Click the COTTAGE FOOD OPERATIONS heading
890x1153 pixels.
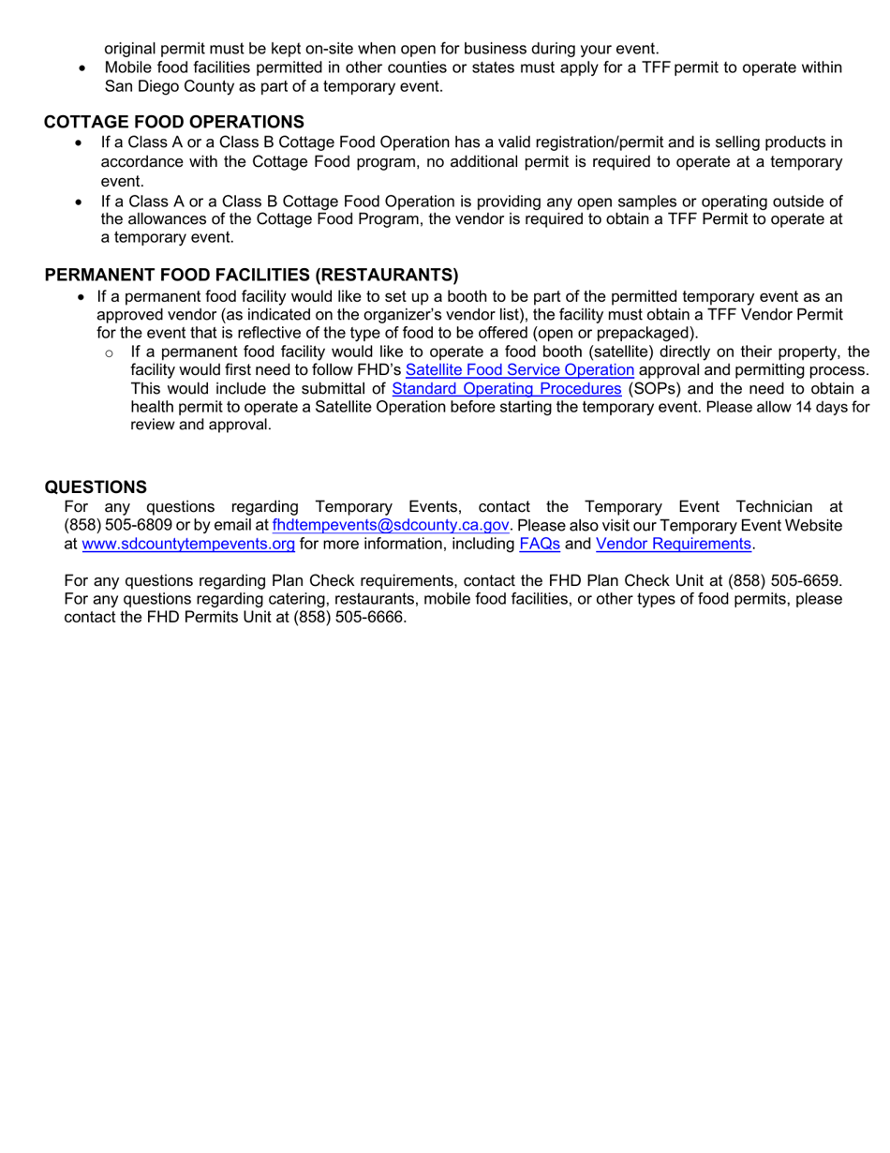point(174,122)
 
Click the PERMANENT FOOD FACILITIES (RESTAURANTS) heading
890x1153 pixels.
point(252,275)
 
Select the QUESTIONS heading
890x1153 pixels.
point(96,487)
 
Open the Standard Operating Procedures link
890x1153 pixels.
point(506,388)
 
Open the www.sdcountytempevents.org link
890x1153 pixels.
point(188,544)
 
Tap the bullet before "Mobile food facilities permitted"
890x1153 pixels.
point(86,68)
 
